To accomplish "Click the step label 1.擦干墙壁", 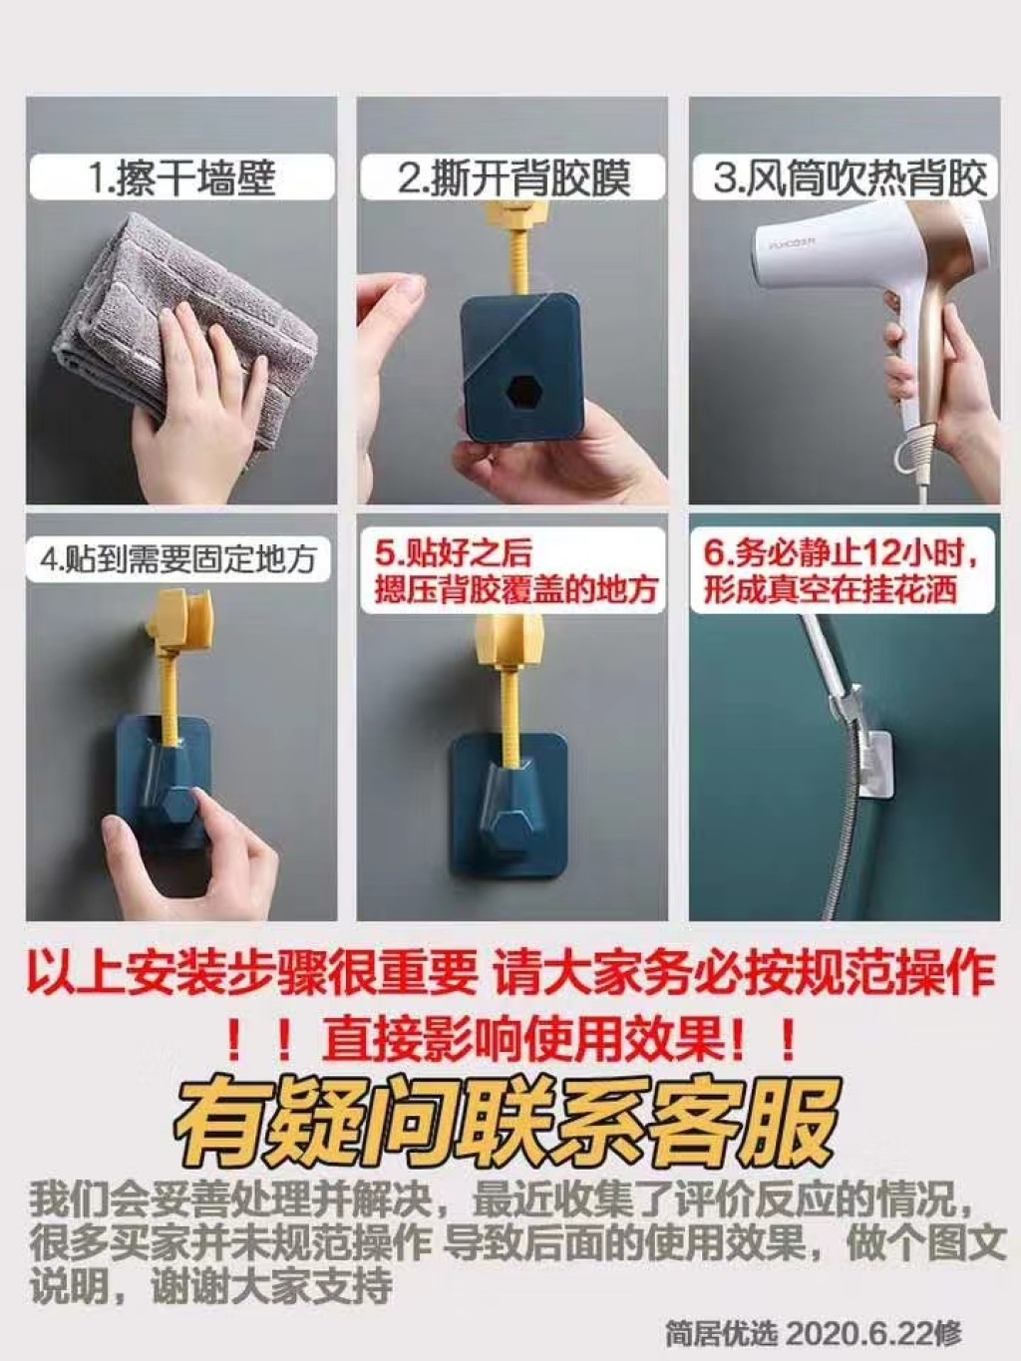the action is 181,177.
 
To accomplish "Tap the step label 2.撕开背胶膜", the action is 513,177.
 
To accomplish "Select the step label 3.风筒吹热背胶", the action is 850,177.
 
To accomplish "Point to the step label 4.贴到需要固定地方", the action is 178,560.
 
